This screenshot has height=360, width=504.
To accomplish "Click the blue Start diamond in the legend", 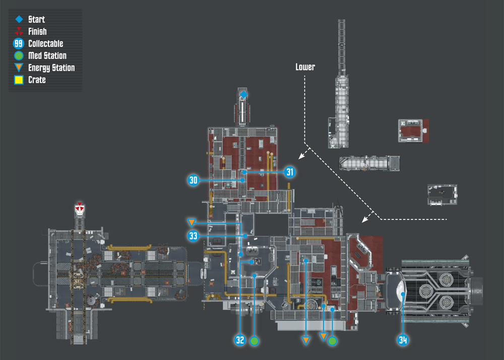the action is tap(19, 19).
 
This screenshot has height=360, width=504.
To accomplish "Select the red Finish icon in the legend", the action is tap(19, 31).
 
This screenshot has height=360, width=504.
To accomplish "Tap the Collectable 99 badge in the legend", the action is tap(19, 43).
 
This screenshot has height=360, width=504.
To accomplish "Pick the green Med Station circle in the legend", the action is tap(19, 55).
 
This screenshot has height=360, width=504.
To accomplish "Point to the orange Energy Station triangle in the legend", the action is tap(19, 67).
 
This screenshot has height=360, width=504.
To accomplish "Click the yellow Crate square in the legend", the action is tap(19, 80).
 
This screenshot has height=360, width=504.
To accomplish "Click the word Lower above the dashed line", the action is tap(305, 67).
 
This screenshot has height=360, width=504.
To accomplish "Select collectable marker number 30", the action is tap(193, 180).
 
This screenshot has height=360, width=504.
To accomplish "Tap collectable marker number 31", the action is tap(290, 172).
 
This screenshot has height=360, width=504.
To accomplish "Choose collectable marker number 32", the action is tap(240, 340).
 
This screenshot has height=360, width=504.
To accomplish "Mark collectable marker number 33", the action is tap(193, 236).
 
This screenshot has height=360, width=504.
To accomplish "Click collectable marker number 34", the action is tap(403, 340).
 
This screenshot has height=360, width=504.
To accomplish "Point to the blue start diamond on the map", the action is tap(243, 94).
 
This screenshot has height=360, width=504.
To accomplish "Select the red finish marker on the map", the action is tap(80, 208).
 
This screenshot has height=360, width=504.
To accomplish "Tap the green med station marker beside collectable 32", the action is tap(254, 341).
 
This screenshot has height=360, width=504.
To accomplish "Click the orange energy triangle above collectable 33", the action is tap(192, 222).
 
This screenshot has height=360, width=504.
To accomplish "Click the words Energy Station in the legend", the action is tap(51, 68).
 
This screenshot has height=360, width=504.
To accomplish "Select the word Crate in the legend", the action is tap(37, 80).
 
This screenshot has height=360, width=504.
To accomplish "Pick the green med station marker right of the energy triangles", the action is tap(332, 341).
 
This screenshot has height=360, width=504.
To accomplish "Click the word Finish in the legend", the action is tap(37, 31).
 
